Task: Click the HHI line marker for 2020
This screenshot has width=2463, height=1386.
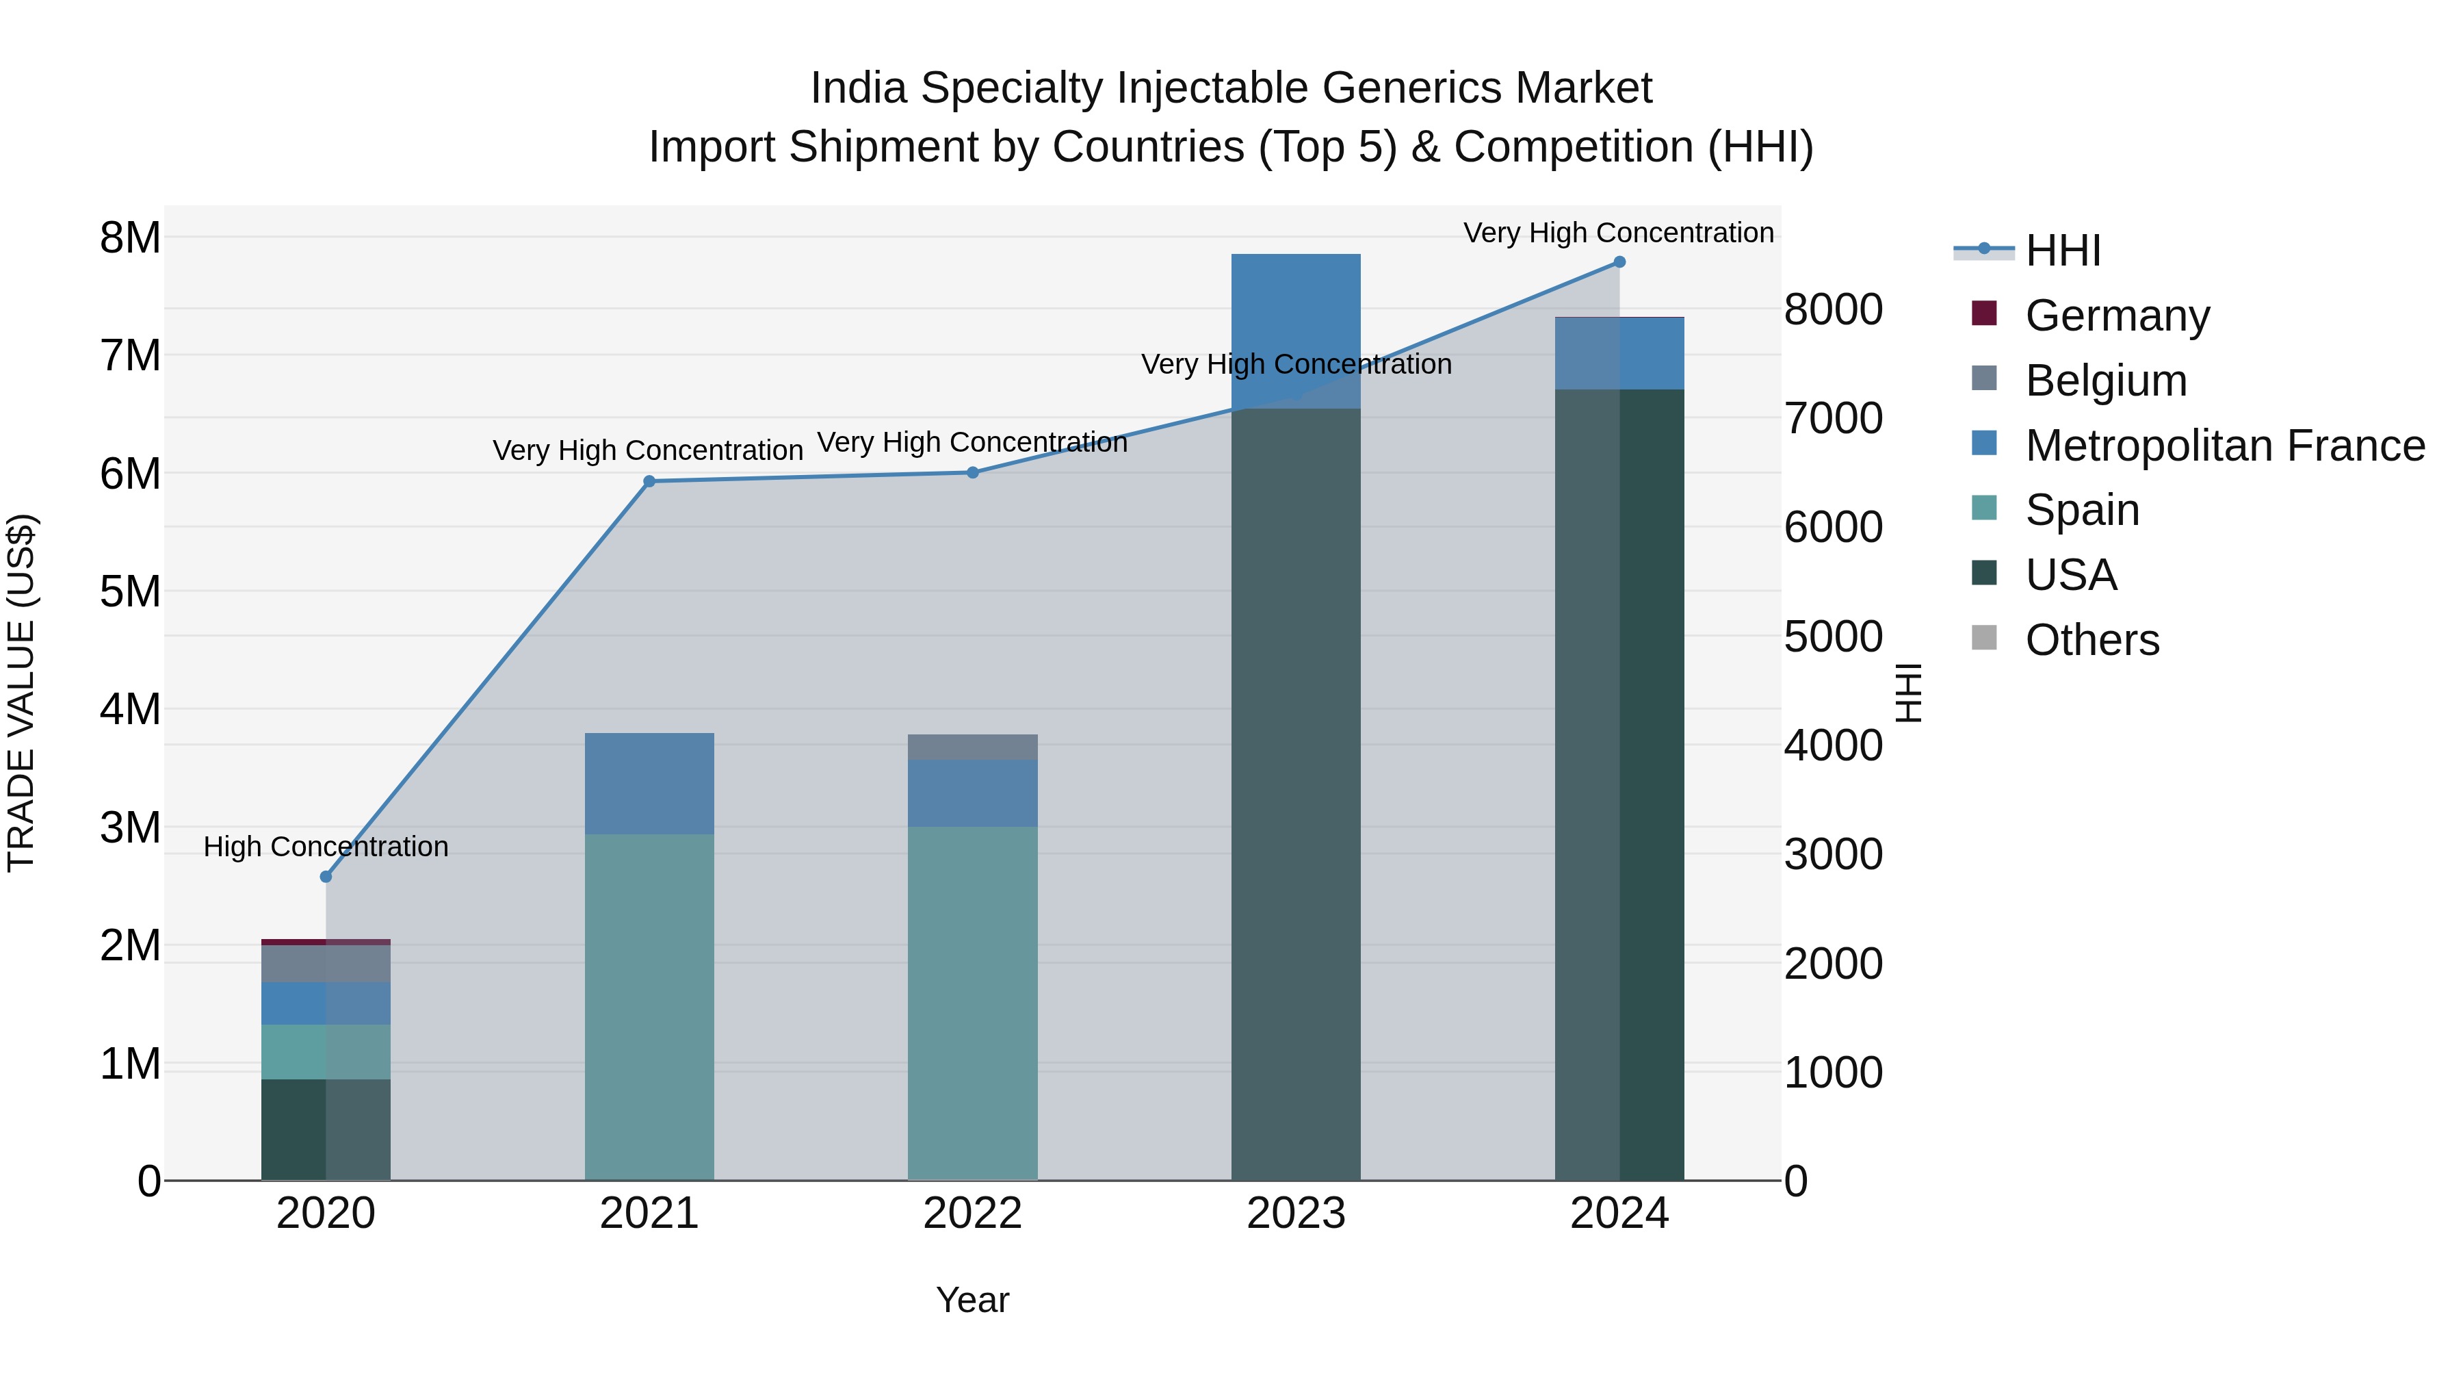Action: coord(326,876)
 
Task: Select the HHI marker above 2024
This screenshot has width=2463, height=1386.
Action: coord(1619,261)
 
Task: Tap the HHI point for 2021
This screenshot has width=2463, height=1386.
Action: coord(649,481)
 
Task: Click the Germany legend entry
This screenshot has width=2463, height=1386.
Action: coord(2116,315)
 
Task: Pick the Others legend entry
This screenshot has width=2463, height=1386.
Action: coord(2091,640)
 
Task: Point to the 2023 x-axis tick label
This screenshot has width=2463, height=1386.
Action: coord(1296,1214)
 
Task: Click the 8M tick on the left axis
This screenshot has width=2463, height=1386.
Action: coord(130,238)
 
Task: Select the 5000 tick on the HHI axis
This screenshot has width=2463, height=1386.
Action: coord(1832,636)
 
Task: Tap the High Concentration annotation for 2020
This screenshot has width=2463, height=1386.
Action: coord(326,847)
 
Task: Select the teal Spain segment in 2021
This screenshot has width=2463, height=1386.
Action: coord(649,1004)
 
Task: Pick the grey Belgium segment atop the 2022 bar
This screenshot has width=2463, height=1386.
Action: coord(972,747)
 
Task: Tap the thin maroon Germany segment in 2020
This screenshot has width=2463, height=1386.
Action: coord(326,941)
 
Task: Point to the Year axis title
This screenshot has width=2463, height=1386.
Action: coord(972,1300)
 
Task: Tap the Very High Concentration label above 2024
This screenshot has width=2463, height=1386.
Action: coord(1618,233)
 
